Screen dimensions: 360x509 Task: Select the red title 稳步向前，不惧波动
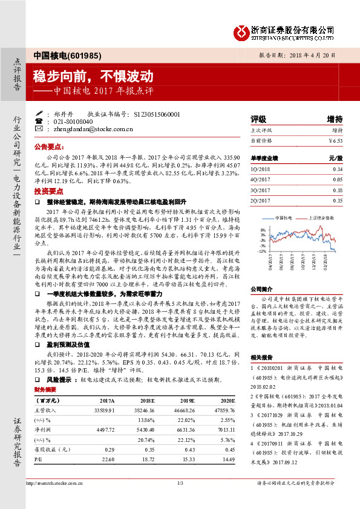(93, 76)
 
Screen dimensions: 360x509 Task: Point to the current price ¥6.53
(335, 140)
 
